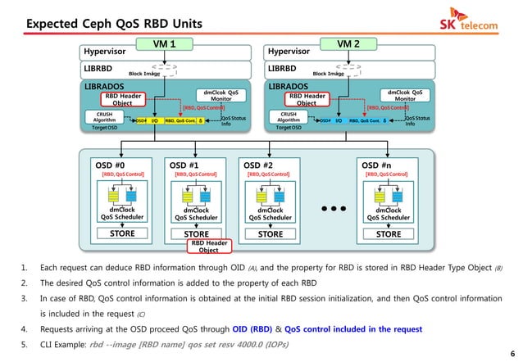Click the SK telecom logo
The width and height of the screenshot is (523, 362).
coord(470,23)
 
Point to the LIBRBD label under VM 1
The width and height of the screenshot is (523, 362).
coord(98,70)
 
